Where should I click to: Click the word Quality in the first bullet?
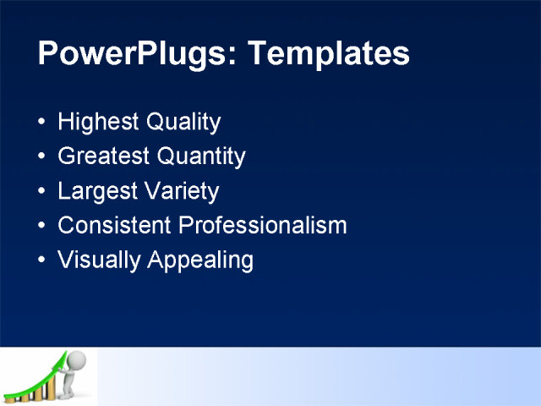(183, 123)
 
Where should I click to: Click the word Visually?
(99, 261)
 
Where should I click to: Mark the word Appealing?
(200, 261)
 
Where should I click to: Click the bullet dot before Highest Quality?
(43, 123)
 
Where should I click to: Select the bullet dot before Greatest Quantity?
(43, 157)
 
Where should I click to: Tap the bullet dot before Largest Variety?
(43, 192)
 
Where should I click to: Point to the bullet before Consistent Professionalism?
(43, 227)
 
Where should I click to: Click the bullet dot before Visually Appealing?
(43, 261)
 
